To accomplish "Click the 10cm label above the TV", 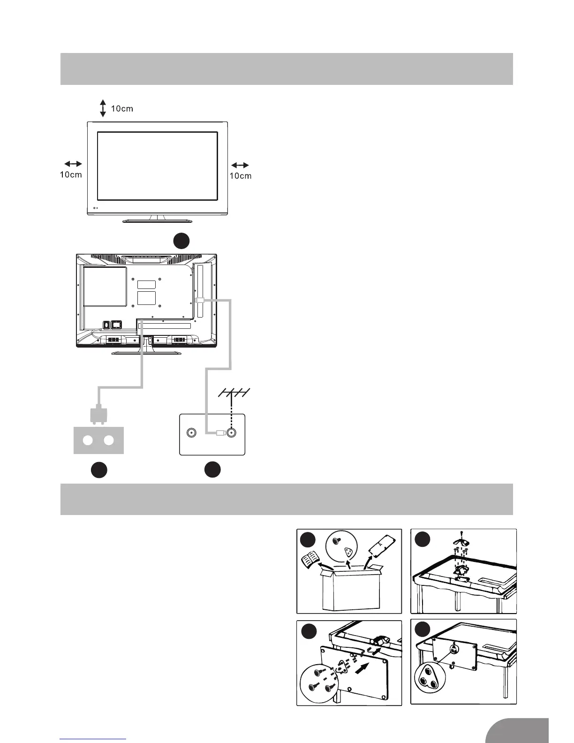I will pyautogui.click(x=122, y=109).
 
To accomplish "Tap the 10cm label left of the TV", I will pyautogui.click(x=71, y=175).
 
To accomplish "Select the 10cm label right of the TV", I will pyautogui.click(x=240, y=176).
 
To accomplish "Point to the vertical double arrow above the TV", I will pyautogui.click(x=103, y=108).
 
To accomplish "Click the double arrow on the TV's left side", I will pyautogui.click(x=73, y=164).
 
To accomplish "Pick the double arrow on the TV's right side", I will pyautogui.click(x=240, y=165).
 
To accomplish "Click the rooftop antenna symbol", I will pyautogui.click(x=234, y=394).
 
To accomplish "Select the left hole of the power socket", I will pyautogui.click(x=88, y=440).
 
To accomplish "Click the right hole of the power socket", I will pyautogui.click(x=109, y=440).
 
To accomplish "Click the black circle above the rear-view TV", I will pyautogui.click(x=181, y=241).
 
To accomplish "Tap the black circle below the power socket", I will pyautogui.click(x=99, y=470).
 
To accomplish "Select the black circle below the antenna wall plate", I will pyautogui.click(x=212, y=470).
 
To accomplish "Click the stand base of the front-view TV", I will pyautogui.click(x=157, y=220).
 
